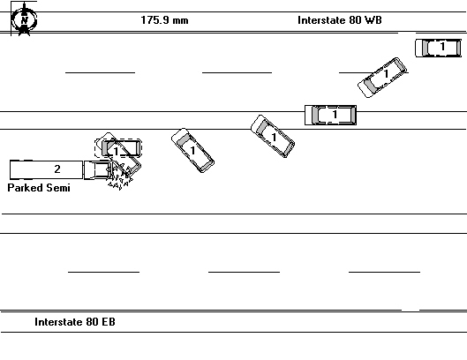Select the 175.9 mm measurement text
[x=164, y=20]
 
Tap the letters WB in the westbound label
[x=375, y=20]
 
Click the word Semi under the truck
[x=57, y=188]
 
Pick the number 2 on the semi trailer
[x=57, y=169]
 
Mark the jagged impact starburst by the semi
[x=119, y=180]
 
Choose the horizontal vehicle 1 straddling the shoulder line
[x=330, y=115]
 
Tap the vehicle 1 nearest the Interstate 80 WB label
[x=439, y=48]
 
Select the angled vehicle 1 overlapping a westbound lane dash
[x=383, y=77]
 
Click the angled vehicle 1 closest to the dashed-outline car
[x=192, y=149]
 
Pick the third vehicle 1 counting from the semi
[x=272, y=137]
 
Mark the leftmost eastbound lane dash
[x=103, y=273]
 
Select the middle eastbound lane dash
[x=244, y=273]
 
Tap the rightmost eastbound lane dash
[x=384, y=273]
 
